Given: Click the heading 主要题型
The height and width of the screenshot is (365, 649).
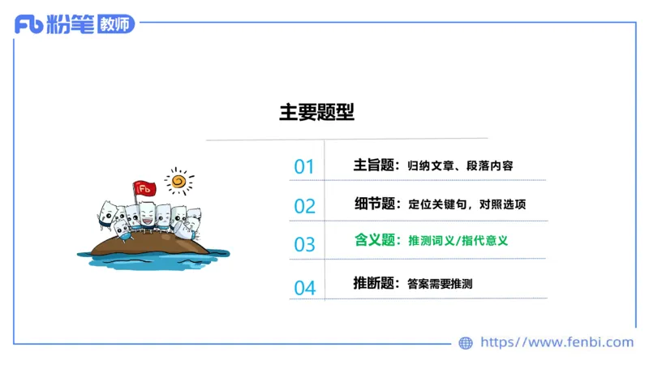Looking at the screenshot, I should [316, 113].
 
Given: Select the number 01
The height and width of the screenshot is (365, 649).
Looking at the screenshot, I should [304, 167].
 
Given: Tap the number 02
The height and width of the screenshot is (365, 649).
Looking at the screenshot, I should [304, 206].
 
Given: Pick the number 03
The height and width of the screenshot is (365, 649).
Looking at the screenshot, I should [304, 244].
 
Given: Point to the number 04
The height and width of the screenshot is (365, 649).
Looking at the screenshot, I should [304, 287].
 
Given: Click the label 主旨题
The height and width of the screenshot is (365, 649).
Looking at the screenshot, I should [373, 165].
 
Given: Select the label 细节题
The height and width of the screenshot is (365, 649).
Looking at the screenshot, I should [374, 204].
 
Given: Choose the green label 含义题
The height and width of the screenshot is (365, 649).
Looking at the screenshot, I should [374, 240].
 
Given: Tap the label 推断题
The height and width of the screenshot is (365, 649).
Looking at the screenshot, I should [373, 283].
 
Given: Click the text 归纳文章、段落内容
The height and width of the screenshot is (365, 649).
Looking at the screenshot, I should [460, 166].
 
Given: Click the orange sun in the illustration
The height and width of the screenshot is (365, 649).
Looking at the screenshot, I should [179, 179].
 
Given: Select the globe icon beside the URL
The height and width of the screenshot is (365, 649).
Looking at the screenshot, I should [466, 343].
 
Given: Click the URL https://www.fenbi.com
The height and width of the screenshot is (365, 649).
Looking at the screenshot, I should [557, 343].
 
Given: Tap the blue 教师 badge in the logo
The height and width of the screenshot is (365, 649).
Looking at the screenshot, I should [114, 24].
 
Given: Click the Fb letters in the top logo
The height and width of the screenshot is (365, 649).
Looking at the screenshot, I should [28, 24].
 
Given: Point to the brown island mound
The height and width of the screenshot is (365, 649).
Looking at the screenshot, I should [154, 243].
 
